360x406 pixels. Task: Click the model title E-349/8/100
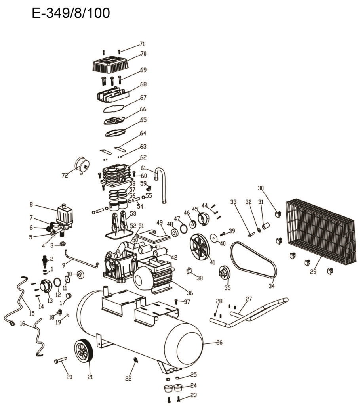70,13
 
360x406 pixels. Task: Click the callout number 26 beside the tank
219,342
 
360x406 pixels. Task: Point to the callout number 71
142,44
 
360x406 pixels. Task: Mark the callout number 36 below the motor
190,293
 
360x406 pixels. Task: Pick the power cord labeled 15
18,300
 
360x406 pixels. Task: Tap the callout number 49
160,222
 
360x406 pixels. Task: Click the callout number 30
261,188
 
